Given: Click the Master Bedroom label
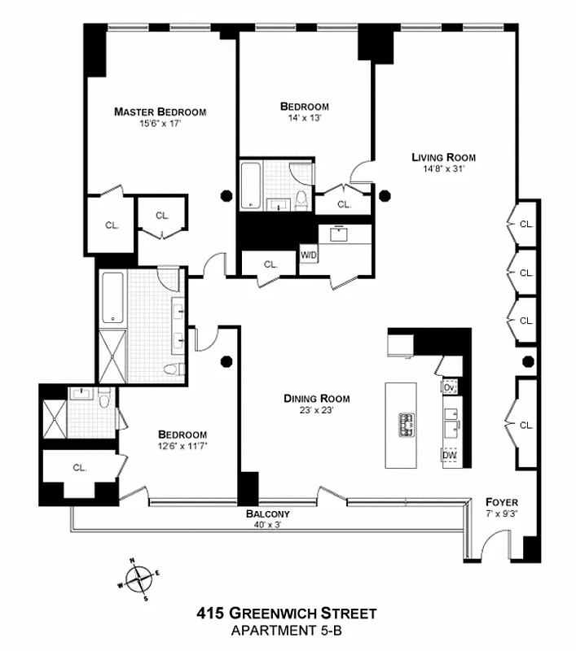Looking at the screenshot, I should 160,111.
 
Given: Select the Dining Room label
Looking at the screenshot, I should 316,399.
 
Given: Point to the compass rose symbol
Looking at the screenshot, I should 141,579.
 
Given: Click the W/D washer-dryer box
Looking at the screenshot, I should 309,255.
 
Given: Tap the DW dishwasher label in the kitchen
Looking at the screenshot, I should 449,456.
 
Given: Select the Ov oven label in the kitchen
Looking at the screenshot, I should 449,387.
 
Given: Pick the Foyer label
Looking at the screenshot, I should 501,502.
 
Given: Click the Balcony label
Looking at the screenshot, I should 268,515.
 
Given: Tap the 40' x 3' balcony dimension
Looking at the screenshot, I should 268,526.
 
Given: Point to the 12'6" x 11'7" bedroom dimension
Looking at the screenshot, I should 182,446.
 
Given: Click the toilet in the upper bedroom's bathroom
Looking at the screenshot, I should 301,198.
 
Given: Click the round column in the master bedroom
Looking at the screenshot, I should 226,195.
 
